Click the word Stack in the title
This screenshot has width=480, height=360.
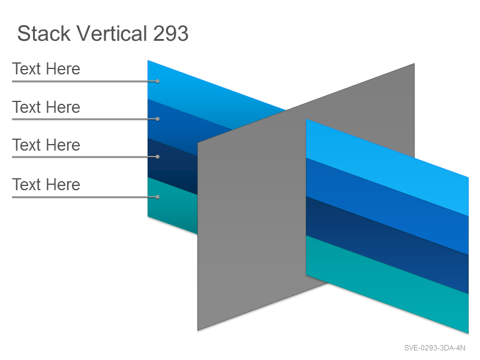[44, 34]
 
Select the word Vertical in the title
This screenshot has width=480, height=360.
[112, 34]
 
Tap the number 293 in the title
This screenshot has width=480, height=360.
[170, 34]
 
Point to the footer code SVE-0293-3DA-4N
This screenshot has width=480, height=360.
[434, 348]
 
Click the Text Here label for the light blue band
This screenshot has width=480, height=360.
[46, 68]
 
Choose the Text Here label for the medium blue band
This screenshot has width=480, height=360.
[46, 107]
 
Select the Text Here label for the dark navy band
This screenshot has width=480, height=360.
[46, 145]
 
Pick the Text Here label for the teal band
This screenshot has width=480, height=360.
[46, 185]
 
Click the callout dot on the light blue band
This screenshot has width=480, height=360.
[157, 82]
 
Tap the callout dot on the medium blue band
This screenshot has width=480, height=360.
[157, 119]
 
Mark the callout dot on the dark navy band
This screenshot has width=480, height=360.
[157, 157]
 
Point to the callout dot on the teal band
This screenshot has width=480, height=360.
[157, 197]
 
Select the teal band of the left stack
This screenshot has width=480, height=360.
[172, 205]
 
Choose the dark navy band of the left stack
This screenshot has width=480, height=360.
[172, 166]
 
